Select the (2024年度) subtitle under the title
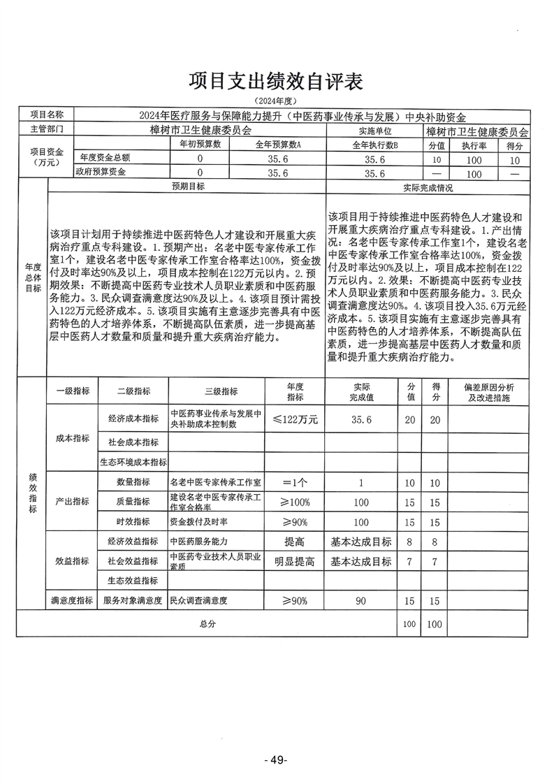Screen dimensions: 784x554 [277, 103]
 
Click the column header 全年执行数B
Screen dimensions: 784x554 [375, 144]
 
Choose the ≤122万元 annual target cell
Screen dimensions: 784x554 [295, 419]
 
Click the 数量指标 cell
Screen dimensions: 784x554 [133, 482]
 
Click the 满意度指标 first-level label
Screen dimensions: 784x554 [72, 600]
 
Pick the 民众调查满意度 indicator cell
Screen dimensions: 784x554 [199, 600]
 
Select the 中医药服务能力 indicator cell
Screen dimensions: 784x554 [199, 542]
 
